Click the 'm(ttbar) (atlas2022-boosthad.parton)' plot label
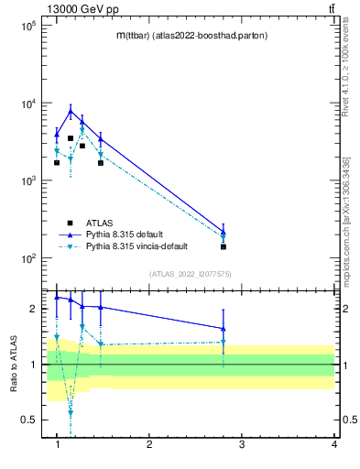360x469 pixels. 191,36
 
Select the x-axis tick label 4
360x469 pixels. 334,444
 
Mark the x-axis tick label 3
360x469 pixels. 242,444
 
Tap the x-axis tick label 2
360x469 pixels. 149,444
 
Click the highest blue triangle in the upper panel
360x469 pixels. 71,111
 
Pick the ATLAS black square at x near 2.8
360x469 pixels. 224,246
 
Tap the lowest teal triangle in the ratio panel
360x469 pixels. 71,413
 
